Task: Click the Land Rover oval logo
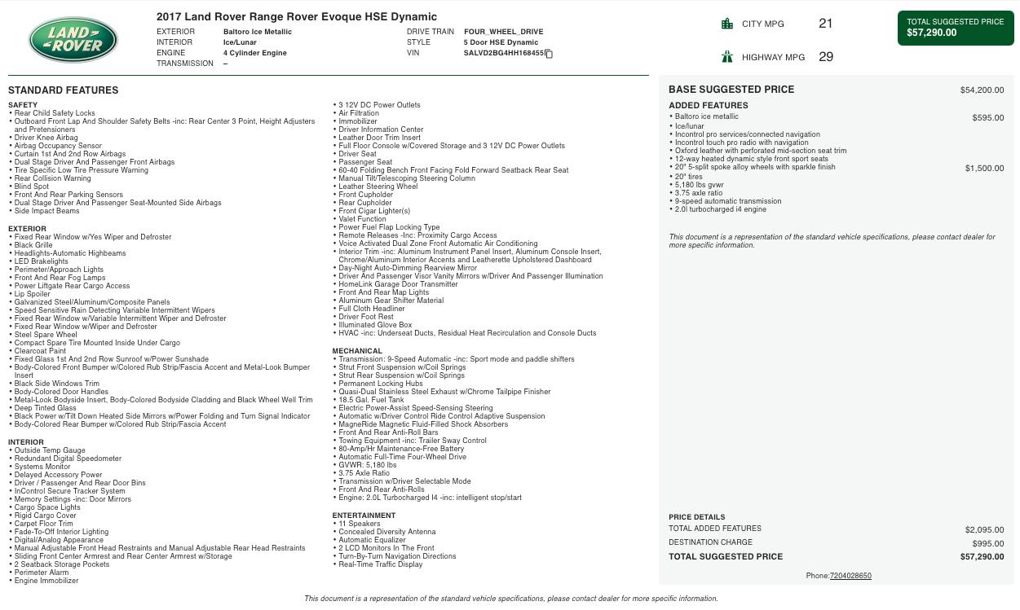(x=73, y=40)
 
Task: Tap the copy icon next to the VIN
(x=549, y=54)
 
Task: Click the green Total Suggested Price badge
(x=955, y=28)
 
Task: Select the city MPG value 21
(x=825, y=24)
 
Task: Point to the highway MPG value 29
(x=825, y=57)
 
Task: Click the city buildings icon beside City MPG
(x=727, y=24)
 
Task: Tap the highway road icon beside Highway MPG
(x=727, y=57)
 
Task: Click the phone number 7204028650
(x=850, y=576)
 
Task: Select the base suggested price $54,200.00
(x=982, y=90)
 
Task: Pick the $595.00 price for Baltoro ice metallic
(x=987, y=118)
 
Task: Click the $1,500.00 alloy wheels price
(x=984, y=169)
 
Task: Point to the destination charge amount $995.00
(x=987, y=543)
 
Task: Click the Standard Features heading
(x=63, y=90)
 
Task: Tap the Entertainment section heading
(x=364, y=516)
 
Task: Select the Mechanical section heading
(x=357, y=351)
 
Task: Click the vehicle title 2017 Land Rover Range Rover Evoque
(x=297, y=16)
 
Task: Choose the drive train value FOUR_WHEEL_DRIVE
(x=503, y=32)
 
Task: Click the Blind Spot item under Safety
(x=32, y=187)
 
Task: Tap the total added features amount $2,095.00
(x=984, y=529)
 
